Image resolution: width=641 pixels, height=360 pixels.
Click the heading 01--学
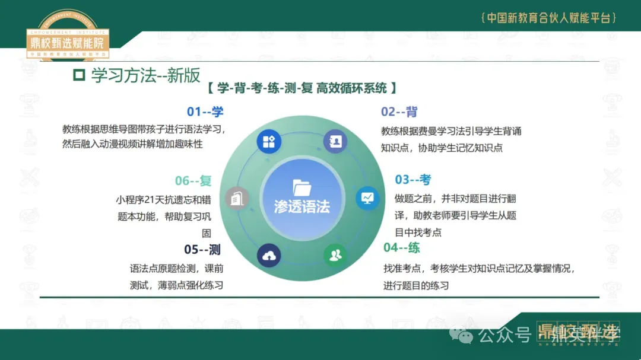(205, 111)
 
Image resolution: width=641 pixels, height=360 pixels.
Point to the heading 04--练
(401, 247)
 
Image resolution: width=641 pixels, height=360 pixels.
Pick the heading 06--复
(193, 181)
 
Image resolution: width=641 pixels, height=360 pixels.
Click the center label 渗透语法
(302, 206)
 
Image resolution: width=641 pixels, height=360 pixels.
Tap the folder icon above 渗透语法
(302, 187)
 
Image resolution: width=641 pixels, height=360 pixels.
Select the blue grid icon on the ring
(268, 142)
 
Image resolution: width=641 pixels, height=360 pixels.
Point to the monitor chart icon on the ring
(367, 197)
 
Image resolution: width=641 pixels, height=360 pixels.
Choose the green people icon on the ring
(335, 256)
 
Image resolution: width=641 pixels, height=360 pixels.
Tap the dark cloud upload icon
(269, 256)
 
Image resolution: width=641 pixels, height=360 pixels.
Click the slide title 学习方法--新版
(145, 76)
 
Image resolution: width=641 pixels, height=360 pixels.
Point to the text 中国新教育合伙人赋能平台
(548, 18)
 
